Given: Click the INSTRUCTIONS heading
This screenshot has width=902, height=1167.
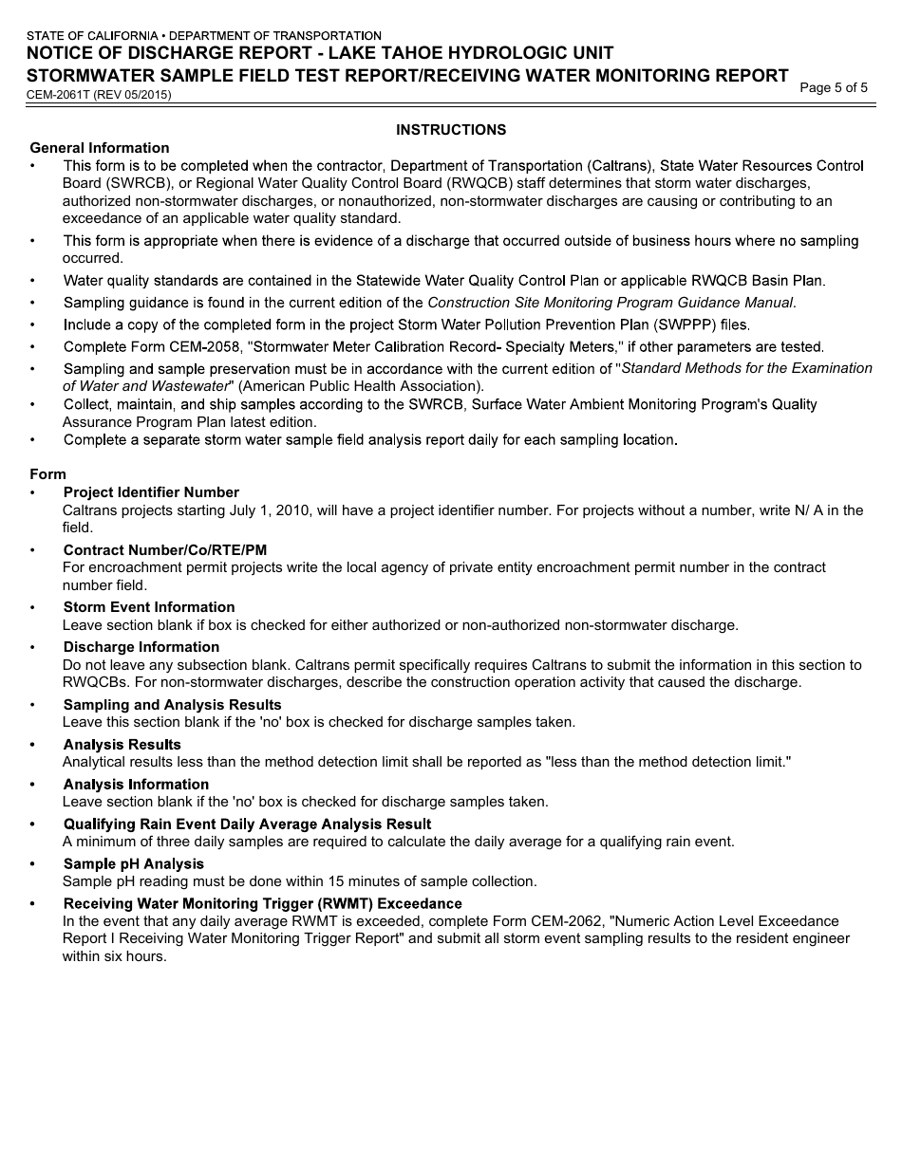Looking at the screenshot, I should click(x=451, y=130).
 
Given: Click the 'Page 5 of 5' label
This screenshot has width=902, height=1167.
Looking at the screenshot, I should click(x=834, y=88).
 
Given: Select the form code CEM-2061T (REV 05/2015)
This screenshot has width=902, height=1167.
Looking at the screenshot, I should click(x=100, y=95).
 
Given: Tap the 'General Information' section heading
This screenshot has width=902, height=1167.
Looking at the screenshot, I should click(x=100, y=148).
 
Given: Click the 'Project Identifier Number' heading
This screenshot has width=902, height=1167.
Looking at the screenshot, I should click(x=151, y=492).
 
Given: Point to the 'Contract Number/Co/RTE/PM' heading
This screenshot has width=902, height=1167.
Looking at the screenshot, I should click(x=165, y=550).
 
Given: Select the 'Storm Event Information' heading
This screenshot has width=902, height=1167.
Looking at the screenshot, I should click(x=149, y=607).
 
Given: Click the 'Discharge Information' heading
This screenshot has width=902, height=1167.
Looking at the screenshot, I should click(x=141, y=647).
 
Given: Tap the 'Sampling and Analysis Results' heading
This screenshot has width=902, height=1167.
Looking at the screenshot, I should click(x=172, y=705).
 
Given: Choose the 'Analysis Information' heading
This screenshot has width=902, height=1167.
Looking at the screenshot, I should click(x=136, y=785).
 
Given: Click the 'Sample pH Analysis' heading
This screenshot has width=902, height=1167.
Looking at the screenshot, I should click(x=134, y=864).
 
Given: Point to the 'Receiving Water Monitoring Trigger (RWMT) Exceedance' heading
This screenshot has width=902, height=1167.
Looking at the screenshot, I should click(x=262, y=904).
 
